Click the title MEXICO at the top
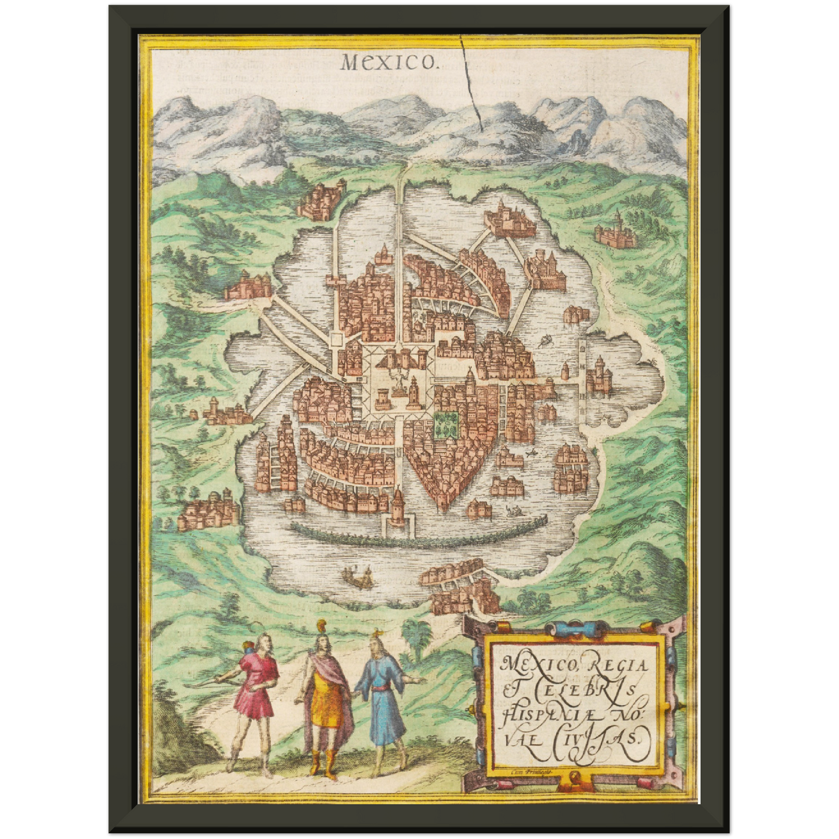[388, 61]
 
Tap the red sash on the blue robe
[380, 689]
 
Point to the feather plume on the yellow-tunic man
[319, 627]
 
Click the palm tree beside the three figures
[417, 636]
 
